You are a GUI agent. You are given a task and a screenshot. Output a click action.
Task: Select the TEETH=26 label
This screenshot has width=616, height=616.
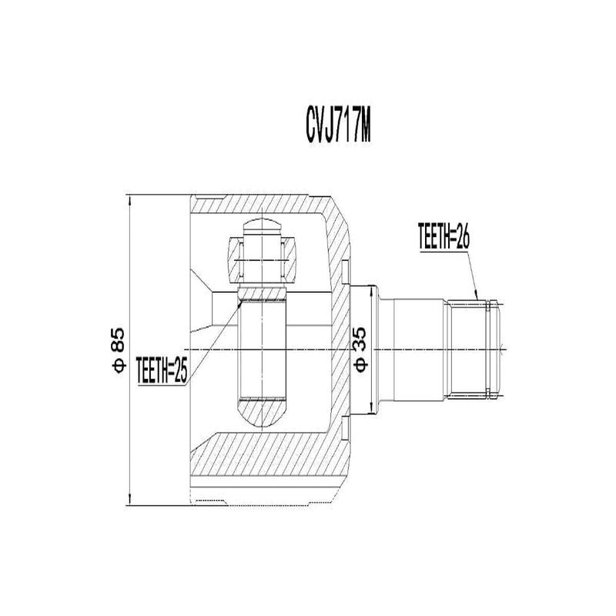pos(444,236)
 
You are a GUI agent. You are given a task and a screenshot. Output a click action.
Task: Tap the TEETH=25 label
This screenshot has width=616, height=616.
pos(161,370)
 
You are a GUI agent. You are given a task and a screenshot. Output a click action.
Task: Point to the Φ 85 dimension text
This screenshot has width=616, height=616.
pos(119,350)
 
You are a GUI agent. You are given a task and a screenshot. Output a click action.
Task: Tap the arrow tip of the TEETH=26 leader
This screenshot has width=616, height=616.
pos(477,300)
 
